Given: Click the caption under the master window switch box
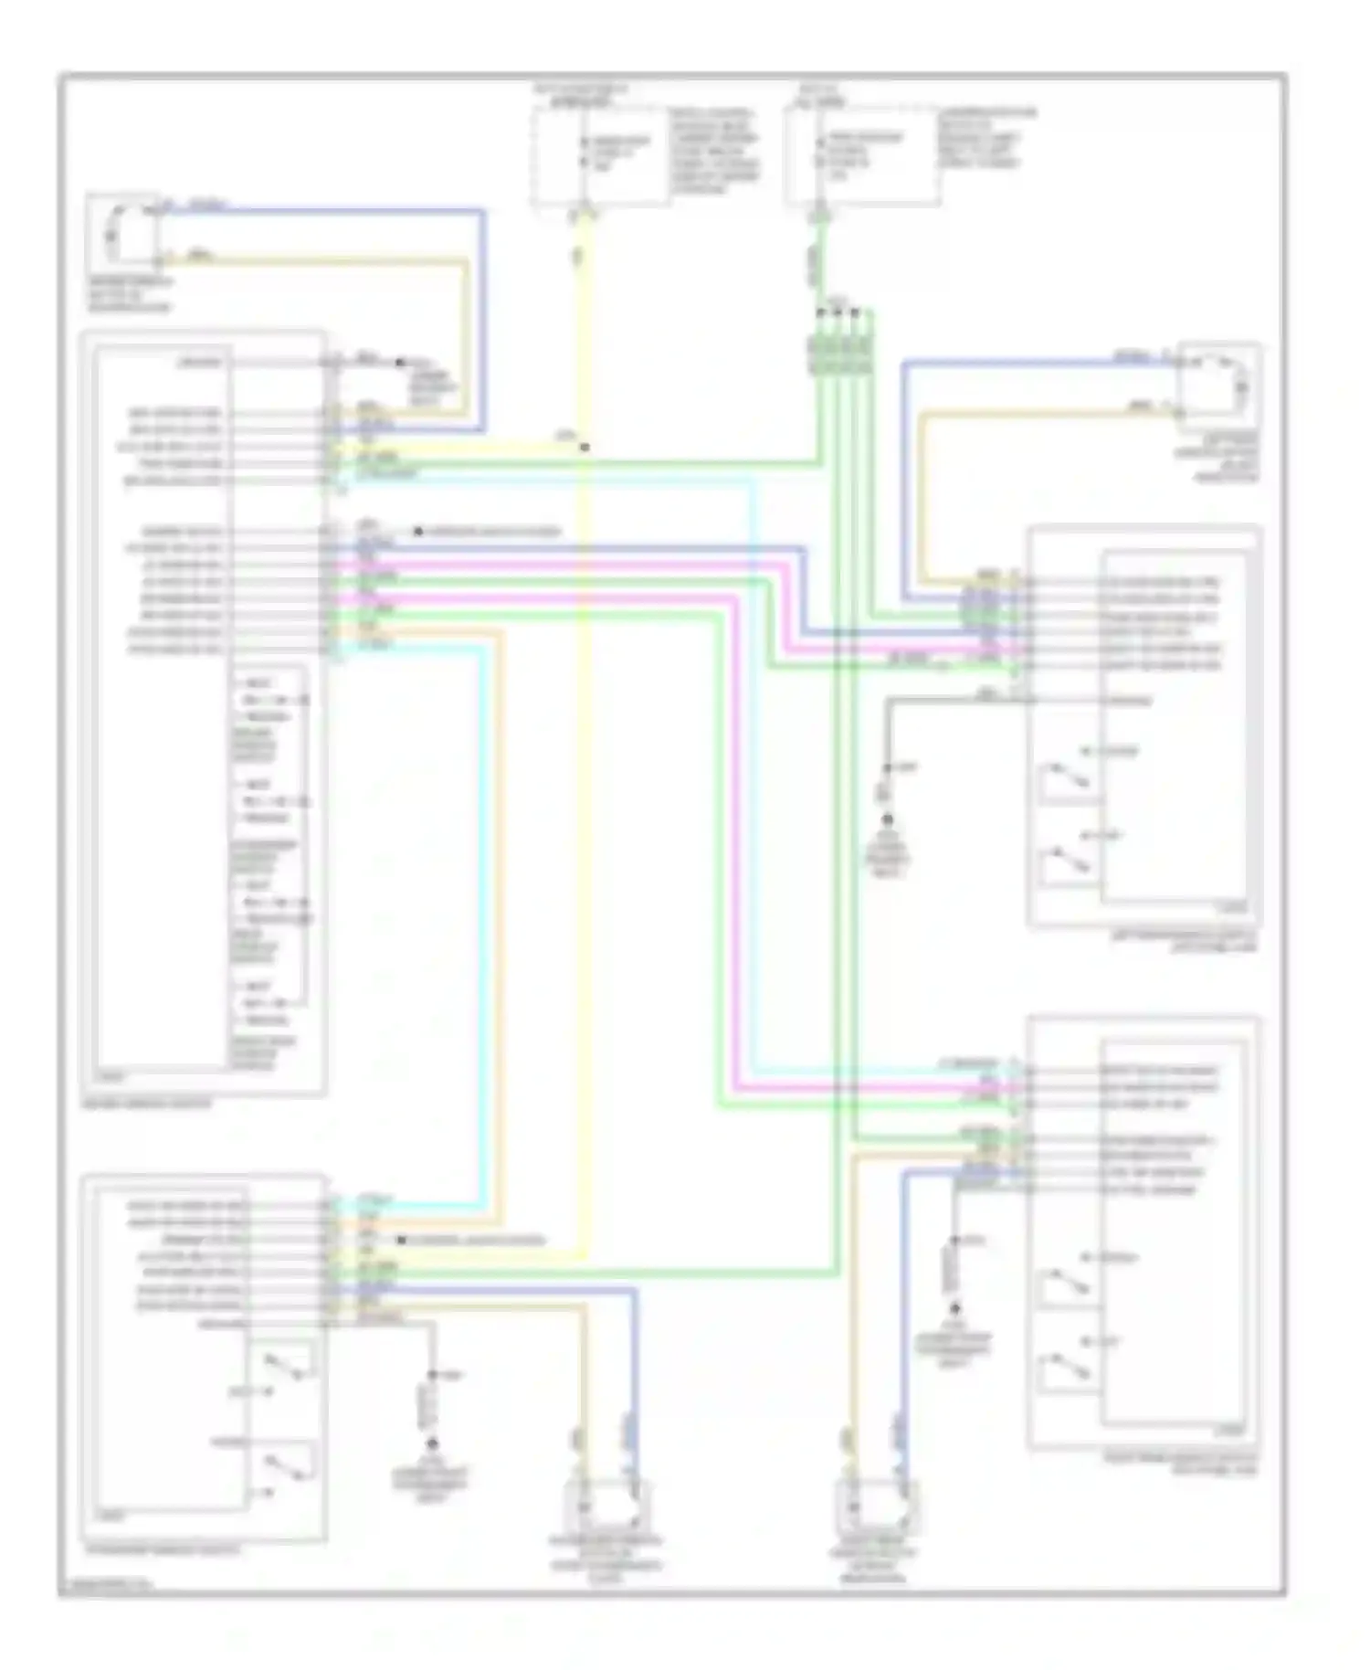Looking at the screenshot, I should tap(146, 1104).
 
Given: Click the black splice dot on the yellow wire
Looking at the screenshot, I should tap(585, 448).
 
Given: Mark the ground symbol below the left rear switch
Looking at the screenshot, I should tap(887, 820).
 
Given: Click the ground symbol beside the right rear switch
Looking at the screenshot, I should tap(954, 1308).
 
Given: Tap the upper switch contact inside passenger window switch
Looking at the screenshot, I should tap(287, 1367).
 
